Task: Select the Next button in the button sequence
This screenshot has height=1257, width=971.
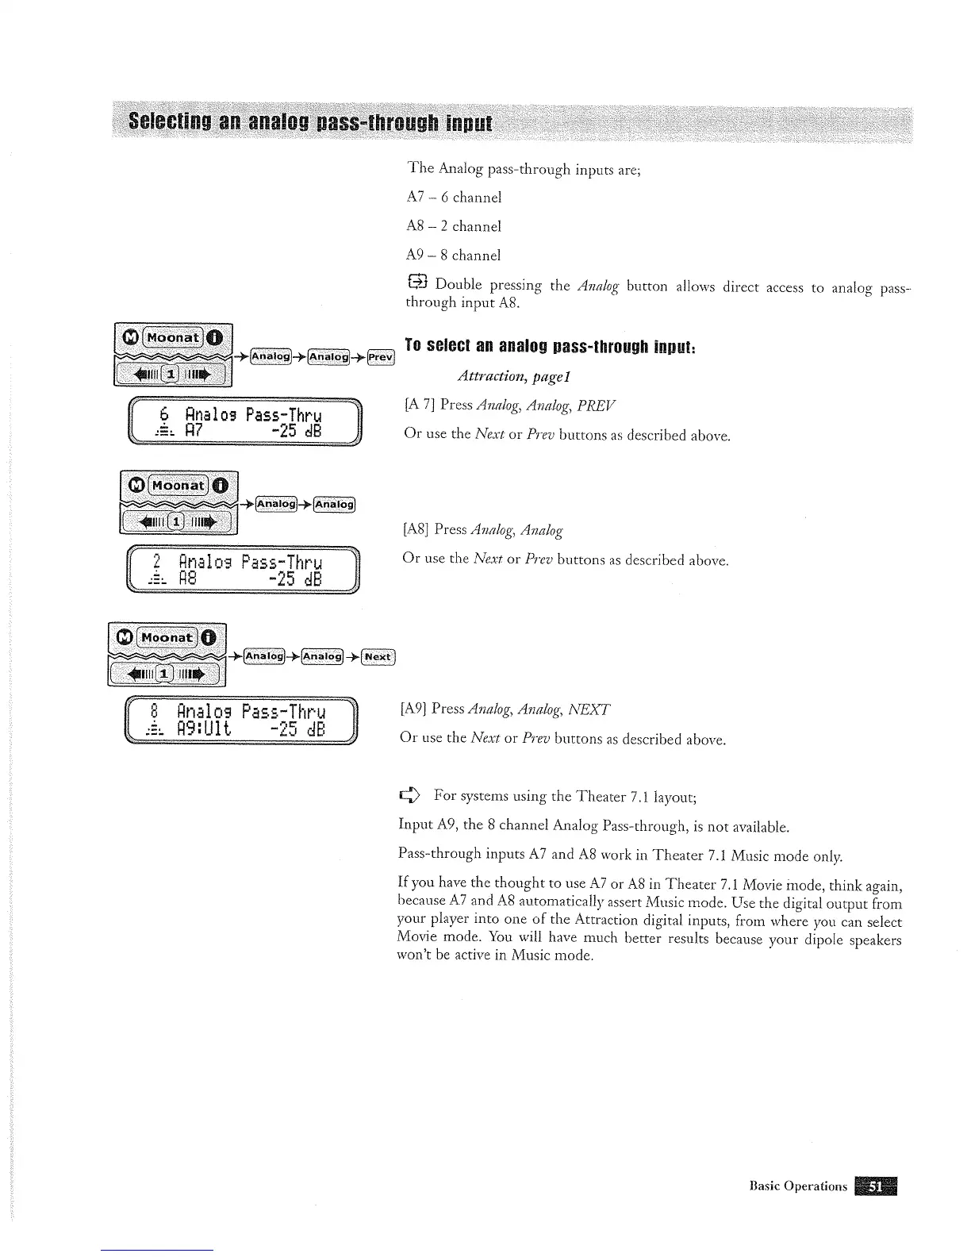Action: (x=378, y=656)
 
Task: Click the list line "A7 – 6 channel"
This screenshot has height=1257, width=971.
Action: (x=454, y=197)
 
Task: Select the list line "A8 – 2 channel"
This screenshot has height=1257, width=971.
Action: (x=454, y=226)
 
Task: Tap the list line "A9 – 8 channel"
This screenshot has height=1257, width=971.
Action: (x=454, y=256)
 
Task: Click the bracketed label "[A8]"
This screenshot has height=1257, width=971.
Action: (x=416, y=529)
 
